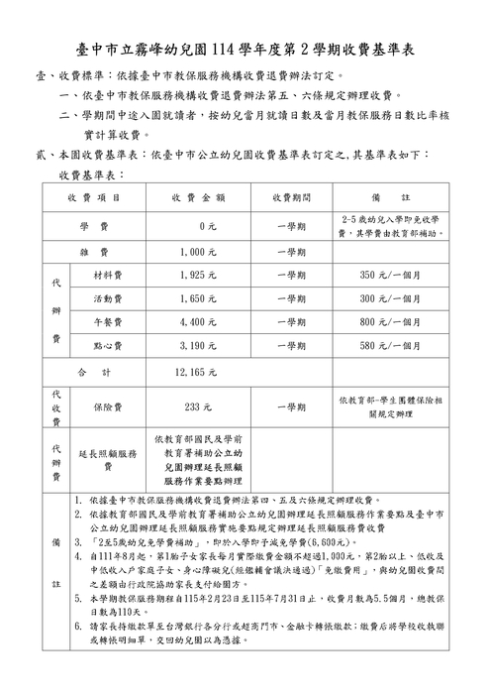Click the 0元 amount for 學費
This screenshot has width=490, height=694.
point(207,227)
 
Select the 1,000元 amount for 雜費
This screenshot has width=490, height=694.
point(199,253)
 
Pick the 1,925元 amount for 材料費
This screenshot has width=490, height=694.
point(199,275)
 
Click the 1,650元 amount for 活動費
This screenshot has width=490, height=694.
point(199,298)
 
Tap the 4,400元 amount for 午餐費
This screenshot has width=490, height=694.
point(199,322)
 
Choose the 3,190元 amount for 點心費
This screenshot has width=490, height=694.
point(199,346)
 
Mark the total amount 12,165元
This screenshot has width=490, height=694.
point(195,372)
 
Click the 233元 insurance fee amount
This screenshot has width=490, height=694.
point(199,406)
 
